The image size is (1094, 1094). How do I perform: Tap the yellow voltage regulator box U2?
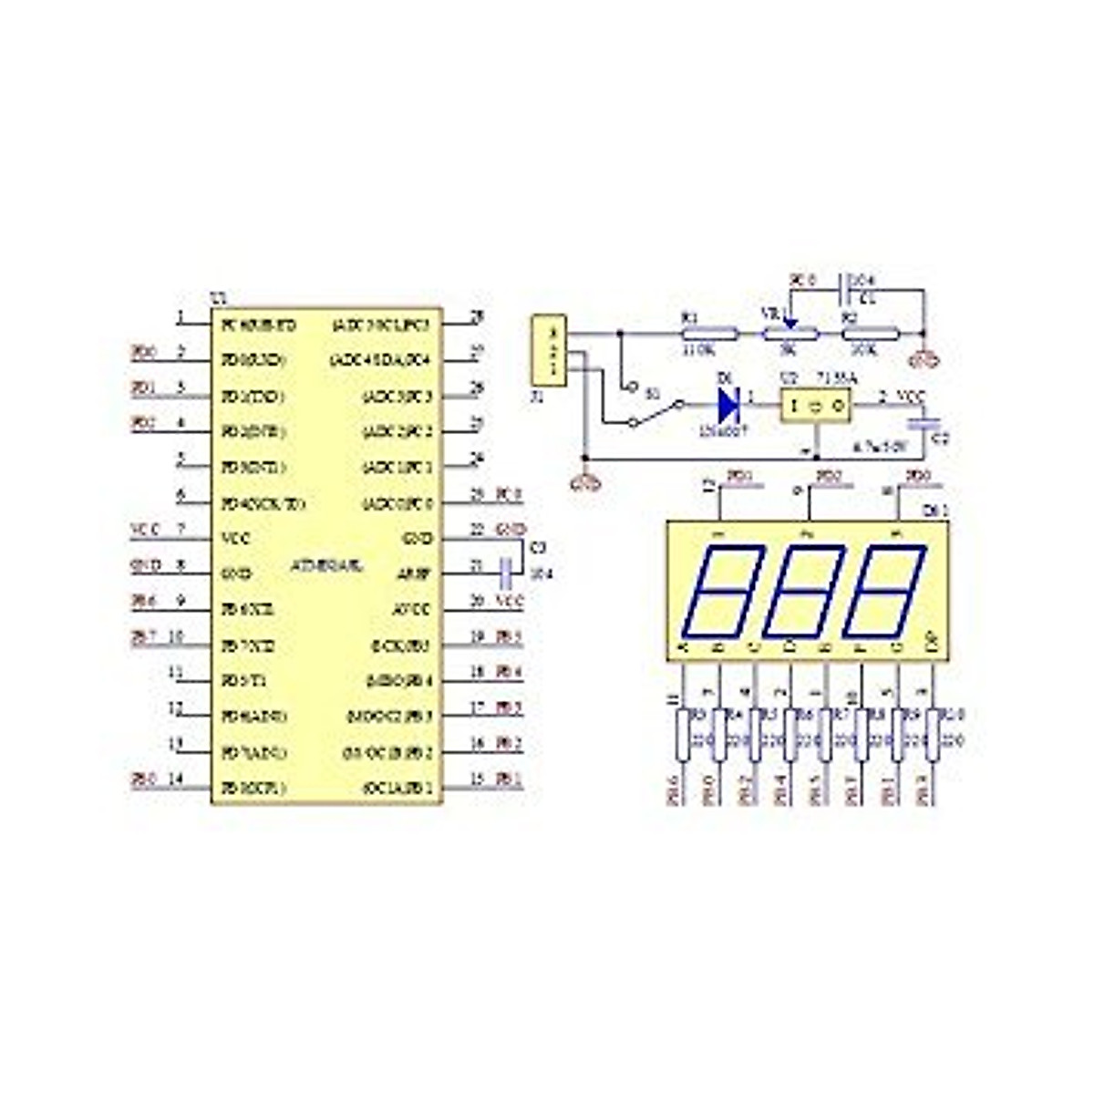(x=816, y=404)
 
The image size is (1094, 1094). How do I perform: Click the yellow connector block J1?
(x=548, y=350)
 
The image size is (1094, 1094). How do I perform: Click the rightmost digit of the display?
(x=883, y=592)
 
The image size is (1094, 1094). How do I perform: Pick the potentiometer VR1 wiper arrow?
(x=790, y=321)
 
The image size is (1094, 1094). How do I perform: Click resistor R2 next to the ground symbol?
(x=871, y=334)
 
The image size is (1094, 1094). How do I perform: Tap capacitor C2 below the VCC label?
(x=926, y=425)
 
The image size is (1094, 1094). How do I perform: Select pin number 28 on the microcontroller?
(x=476, y=317)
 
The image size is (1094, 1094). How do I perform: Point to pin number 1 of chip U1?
(x=181, y=318)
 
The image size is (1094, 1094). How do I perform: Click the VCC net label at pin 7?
(x=146, y=530)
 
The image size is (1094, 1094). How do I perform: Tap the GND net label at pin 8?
(x=146, y=565)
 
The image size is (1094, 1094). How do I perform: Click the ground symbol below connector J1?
(x=583, y=483)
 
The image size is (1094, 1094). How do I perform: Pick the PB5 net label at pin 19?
(x=509, y=637)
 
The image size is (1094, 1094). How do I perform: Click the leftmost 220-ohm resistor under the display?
(x=683, y=736)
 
